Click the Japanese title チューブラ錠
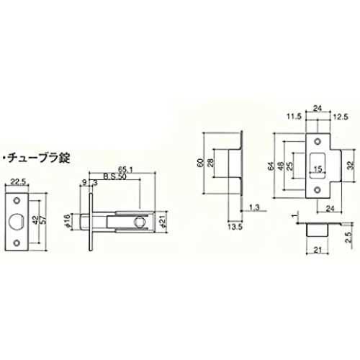[39, 158]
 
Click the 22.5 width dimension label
[18, 181]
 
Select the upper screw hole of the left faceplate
[17, 200]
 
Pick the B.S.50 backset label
[114, 176]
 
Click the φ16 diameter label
[67, 221]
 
